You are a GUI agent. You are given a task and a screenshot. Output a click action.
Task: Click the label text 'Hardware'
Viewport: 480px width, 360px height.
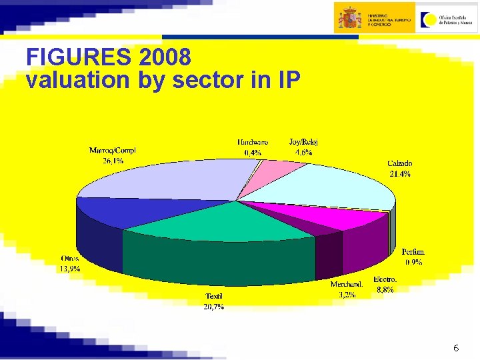(253, 142)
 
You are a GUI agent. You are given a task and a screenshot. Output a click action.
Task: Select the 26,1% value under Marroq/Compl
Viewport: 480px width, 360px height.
(112, 161)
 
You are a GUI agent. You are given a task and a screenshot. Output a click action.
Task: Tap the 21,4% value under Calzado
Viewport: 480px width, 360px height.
(400, 174)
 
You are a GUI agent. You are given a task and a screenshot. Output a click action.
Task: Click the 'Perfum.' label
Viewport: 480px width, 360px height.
(413, 252)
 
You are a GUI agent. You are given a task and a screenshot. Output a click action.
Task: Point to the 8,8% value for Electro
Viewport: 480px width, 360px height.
(385, 289)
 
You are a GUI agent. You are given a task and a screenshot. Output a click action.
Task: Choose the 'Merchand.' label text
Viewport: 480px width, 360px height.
(347, 284)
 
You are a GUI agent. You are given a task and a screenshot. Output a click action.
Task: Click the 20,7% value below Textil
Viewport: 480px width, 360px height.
(213, 307)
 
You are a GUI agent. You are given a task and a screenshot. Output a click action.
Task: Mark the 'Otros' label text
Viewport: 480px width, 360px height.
(70, 259)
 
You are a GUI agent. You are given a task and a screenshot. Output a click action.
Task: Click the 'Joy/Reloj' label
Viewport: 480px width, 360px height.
(303, 142)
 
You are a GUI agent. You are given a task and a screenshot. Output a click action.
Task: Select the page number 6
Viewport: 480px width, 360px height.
(456, 348)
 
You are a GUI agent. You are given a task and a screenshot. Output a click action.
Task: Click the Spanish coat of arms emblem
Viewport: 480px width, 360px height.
(349, 17)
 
